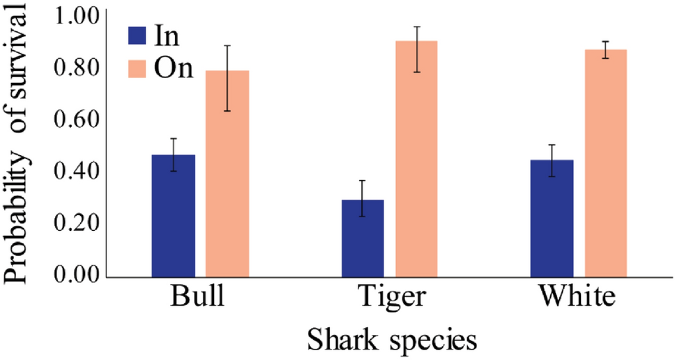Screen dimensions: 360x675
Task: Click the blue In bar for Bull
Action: (x=174, y=216)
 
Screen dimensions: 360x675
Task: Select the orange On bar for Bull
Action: (x=227, y=174)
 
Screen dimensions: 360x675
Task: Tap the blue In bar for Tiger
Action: (x=363, y=239)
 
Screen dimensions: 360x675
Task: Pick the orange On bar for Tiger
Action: (x=416, y=159)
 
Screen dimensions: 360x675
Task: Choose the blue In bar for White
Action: (x=552, y=219)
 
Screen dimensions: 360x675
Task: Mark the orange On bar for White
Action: (x=605, y=164)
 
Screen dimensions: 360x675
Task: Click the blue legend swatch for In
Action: (x=137, y=36)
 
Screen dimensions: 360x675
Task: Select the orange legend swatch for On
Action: (x=137, y=68)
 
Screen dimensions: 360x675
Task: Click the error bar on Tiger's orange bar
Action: (x=416, y=49)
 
